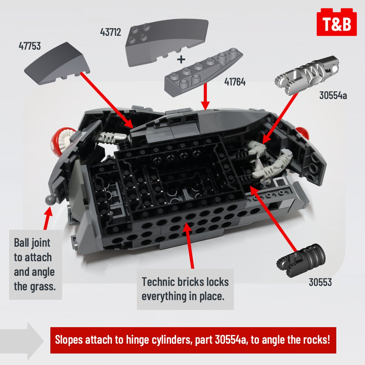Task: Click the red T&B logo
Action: click(337, 23)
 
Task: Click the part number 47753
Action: click(30, 46)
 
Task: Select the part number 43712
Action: click(111, 32)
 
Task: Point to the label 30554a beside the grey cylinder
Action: click(333, 96)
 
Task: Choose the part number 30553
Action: click(320, 282)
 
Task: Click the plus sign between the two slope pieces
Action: click(181, 60)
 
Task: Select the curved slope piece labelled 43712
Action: click(169, 41)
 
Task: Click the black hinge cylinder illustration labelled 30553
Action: click(301, 260)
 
